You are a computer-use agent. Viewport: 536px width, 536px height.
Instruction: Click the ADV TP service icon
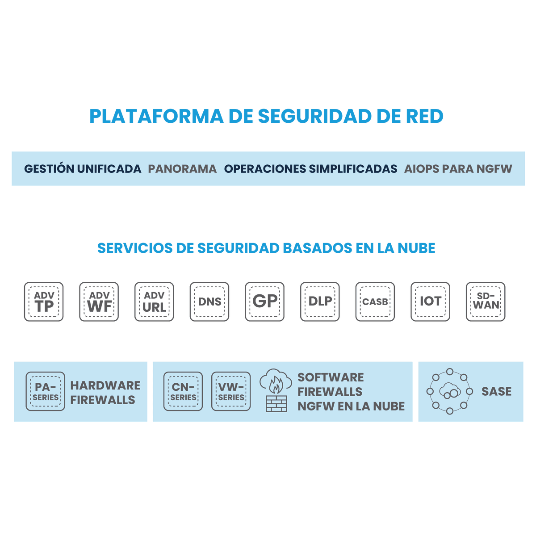point(44,301)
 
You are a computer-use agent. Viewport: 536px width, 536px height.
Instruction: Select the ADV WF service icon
point(99,301)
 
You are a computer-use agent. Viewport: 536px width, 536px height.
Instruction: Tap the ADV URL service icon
point(154,301)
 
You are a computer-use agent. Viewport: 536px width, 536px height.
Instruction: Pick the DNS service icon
point(209,301)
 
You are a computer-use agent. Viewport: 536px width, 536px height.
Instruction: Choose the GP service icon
point(264,301)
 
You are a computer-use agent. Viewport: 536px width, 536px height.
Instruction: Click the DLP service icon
point(320,301)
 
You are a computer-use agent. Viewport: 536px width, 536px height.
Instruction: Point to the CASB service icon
point(375,301)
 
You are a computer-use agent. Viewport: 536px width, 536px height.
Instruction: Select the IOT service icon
point(430,301)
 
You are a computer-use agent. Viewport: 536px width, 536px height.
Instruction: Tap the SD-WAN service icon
point(486,301)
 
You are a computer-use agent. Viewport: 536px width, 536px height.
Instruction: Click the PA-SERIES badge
point(46,391)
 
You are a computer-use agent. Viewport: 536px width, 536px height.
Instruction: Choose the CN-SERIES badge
point(183,391)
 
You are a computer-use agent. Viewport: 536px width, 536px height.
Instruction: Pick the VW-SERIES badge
point(231,391)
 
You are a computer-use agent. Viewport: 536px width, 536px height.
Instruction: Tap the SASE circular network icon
point(449,391)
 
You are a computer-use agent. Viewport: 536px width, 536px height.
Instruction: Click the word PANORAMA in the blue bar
point(182,169)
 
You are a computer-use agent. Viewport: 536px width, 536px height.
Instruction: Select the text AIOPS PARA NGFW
point(458,169)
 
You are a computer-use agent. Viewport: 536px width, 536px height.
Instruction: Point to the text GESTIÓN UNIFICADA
point(83,169)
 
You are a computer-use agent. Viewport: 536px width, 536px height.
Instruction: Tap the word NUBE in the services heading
point(416,248)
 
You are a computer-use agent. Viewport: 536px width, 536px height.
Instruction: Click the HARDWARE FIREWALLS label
point(105,392)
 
